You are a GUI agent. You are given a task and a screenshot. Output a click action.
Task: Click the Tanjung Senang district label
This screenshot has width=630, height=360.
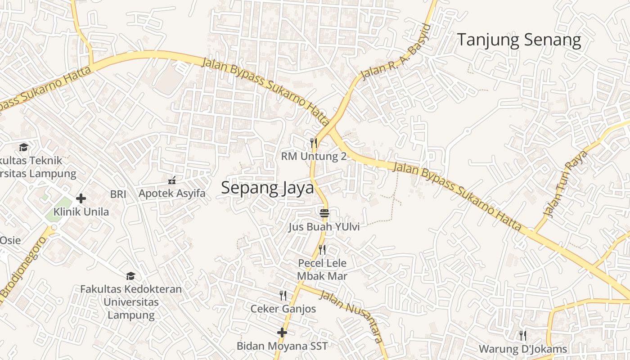pos(519,40)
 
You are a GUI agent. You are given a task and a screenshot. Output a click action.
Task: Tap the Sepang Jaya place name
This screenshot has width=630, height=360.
pos(267,188)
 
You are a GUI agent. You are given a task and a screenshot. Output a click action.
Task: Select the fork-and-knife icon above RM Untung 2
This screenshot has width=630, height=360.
pos(314,144)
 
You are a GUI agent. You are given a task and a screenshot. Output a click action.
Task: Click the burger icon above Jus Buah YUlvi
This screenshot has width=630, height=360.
pos(324,212)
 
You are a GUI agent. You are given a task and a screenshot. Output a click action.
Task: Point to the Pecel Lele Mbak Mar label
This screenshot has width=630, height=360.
pos(322,269)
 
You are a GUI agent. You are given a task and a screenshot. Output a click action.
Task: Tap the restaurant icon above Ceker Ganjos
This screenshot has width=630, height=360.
pos(283,296)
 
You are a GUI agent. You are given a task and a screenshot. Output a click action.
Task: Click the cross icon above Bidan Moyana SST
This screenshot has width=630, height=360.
pos(282,333)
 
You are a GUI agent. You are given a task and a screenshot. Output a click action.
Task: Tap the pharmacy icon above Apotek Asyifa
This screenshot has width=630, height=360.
pos(171,180)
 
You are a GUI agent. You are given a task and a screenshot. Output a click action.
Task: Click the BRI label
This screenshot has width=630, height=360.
pos(118,194)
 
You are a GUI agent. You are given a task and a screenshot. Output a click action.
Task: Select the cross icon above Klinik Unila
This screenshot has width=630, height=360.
pos(81,198)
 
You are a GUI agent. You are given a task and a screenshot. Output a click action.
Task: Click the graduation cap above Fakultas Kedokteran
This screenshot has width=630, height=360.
pos(130,276)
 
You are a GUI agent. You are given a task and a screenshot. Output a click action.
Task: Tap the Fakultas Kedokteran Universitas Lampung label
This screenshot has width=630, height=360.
pos(131,301)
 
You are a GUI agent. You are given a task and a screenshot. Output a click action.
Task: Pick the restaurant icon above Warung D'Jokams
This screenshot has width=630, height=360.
pos(522,335)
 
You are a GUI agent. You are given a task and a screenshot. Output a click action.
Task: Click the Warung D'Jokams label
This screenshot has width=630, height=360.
pos(522,349)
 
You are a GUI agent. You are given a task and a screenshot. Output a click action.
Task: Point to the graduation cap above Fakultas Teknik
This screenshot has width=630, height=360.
pos(23,147)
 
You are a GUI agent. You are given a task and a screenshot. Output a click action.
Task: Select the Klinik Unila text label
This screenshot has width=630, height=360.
pos(81,211)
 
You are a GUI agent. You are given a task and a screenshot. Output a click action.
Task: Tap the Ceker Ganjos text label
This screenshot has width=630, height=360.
pos(283,309)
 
